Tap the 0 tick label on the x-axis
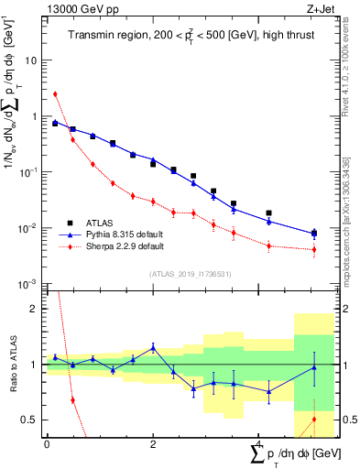(47, 444)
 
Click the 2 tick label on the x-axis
(152, 444)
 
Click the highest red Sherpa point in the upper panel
(55, 93)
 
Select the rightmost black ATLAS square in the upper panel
(314, 233)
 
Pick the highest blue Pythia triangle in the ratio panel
(153, 347)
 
